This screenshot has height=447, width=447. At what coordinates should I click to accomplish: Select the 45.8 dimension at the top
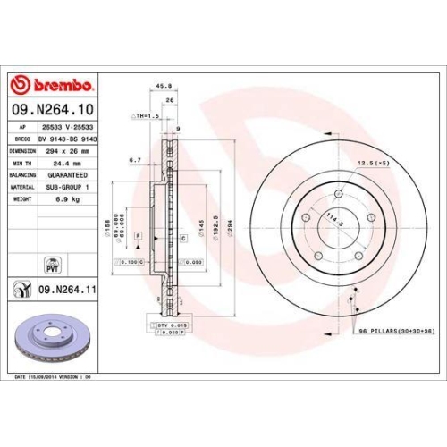point(164,86)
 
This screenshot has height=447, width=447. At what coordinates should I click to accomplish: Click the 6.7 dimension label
point(135,160)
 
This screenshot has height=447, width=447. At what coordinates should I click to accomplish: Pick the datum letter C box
point(182,238)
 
